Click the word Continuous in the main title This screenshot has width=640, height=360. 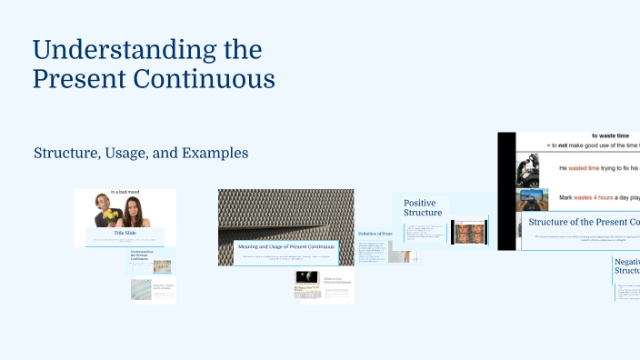point(212,79)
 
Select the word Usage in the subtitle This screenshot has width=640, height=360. point(132,153)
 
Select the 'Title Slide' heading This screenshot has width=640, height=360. point(125,234)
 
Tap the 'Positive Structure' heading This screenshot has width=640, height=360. point(423,208)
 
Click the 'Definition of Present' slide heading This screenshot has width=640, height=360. point(375,234)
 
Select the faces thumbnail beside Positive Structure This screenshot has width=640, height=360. point(469,231)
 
